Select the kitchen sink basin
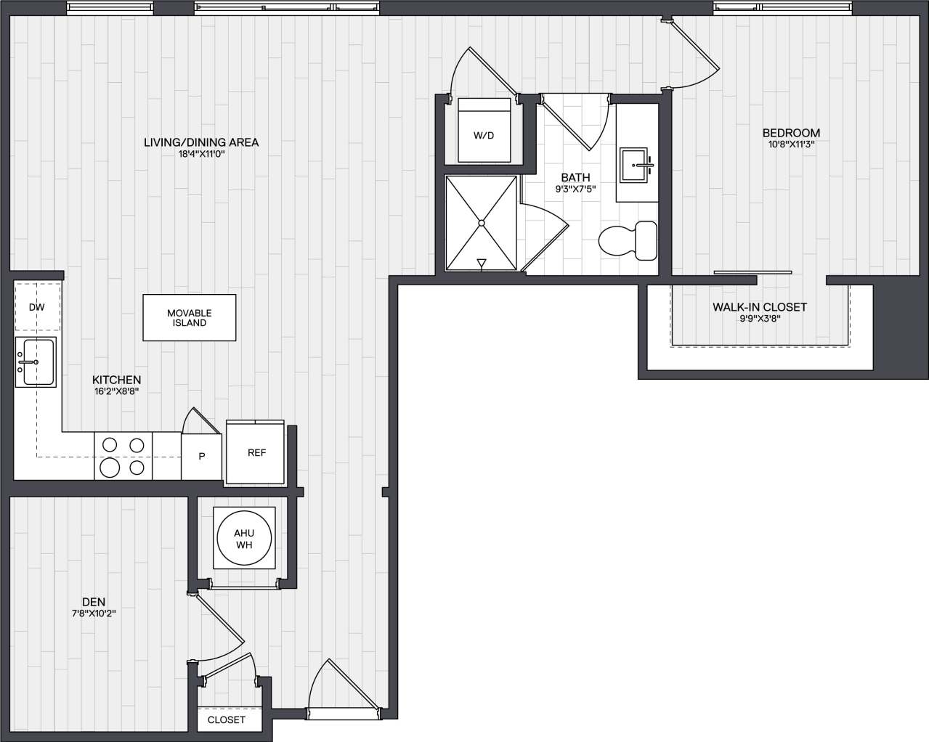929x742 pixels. point(36,362)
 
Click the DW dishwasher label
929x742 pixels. point(36,307)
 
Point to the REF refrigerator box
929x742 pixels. point(256,452)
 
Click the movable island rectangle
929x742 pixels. point(190,318)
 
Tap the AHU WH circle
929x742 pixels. point(244,539)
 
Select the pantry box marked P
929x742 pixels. point(202,456)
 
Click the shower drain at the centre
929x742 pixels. point(481,223)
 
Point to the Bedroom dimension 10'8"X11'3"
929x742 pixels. point(791,144)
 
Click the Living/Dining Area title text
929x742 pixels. point(201,142)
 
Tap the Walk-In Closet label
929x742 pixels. point(759,307)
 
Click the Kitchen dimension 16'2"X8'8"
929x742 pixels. point(116,391)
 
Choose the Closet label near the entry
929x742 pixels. point(227,719)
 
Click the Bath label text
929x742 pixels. point(575,177)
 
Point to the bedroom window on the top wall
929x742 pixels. point(783,8)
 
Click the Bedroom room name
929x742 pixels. point(791,133)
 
